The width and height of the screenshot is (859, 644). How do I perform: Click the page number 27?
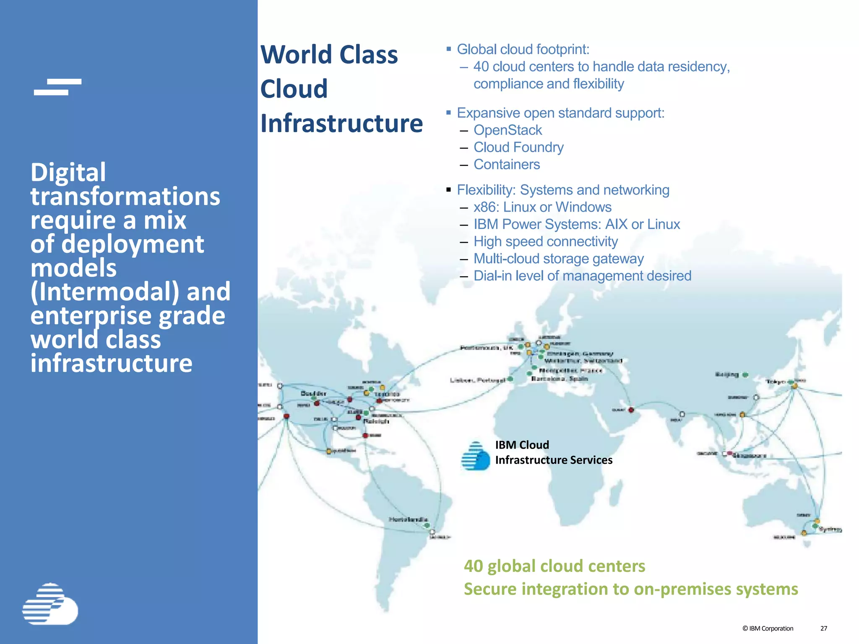(x=823, y=628)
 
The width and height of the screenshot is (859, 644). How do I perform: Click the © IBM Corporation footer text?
(x=768, y=628)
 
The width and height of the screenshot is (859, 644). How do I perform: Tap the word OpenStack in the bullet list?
(x=508, y=130)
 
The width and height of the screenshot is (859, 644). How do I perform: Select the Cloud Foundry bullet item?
(x=518, y=147)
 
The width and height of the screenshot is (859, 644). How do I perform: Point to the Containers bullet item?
(x=507, y=164)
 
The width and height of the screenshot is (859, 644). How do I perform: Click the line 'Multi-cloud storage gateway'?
(x=558, y=259)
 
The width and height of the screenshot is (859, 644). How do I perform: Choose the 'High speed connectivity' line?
(x=545, y=241)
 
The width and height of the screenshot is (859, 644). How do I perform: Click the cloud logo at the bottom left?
(x=50, y=604)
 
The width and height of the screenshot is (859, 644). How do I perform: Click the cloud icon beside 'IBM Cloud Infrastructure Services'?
(x=475, y=456)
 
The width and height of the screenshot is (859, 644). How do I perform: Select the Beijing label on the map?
(x=726, y=374)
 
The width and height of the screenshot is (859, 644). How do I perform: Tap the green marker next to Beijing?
(x=745, y=375)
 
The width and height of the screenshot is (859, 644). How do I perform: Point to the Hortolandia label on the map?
(x=408, y=519)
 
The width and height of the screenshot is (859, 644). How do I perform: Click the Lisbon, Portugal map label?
(x=477, y=380)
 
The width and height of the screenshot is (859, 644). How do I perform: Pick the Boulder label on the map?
(x=313, y=393)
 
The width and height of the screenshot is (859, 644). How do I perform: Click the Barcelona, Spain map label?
(x=560, y=379)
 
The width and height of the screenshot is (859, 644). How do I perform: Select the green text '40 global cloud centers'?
(x=554, y=566)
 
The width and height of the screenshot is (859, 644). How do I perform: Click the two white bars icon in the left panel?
(x=57, y=87)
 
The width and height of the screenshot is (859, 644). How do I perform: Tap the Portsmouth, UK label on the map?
(x=486, y=348)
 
